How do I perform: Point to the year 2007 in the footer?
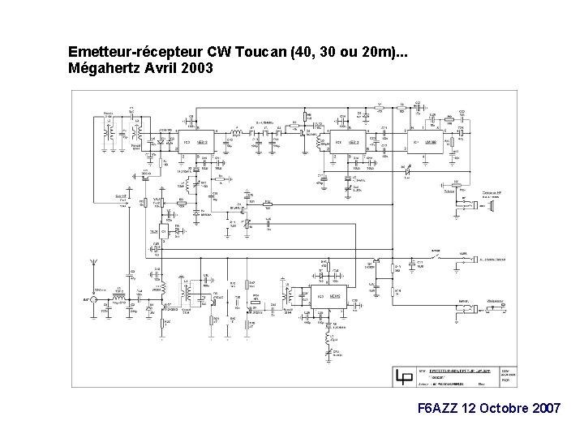pos(543,408)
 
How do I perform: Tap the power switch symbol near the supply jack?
pos(436,259)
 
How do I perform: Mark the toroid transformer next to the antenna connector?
pos(120,299)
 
